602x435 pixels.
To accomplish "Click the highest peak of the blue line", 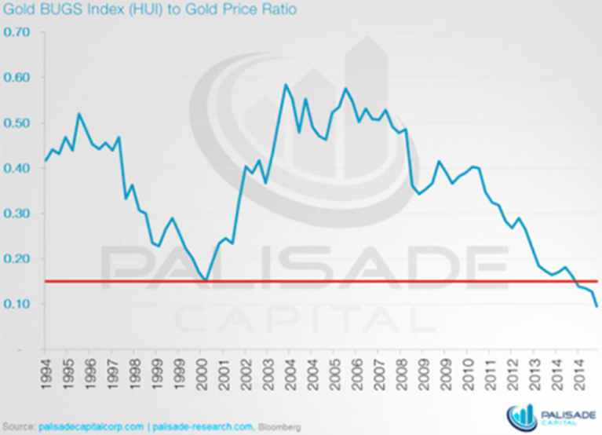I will pyautogui.click(x=284, y=84).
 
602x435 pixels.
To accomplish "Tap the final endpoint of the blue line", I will pyautogui.click(x=597, y=306).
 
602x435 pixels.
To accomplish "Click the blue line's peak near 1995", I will pyautogui.click(x=78, y=114).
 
